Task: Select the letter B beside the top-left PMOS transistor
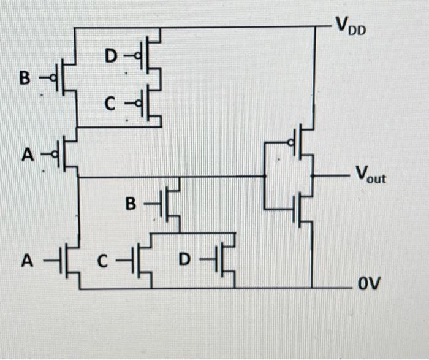tap(25, 79)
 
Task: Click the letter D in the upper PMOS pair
tap(110, 57)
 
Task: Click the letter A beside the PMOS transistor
tap(27, 156)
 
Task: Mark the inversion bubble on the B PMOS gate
tap(53, 79)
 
